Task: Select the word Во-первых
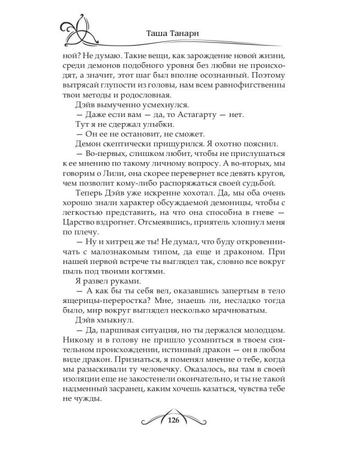coord(103,160)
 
